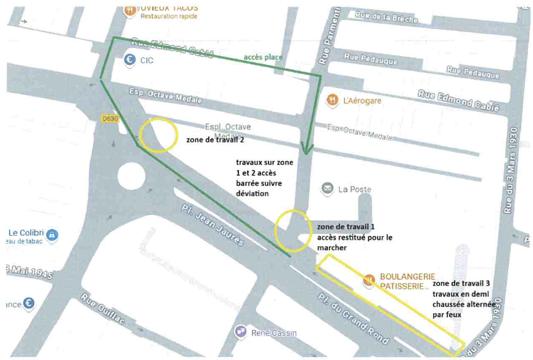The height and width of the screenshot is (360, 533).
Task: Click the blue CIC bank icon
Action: coord(130,60)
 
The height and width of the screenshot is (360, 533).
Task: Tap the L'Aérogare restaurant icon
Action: coord(332,100)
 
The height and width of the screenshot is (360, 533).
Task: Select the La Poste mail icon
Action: coord(327,188)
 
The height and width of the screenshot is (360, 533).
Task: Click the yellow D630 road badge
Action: coord(110,119)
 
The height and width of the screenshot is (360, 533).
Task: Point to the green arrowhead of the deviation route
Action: coord(307,149)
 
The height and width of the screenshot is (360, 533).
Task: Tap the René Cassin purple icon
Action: coord(241,332)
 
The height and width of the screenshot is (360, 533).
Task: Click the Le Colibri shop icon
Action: coord(52,235)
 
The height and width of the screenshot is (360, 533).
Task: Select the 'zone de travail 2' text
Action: coord(215,140)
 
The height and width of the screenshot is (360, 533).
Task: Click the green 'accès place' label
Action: coord(263,57)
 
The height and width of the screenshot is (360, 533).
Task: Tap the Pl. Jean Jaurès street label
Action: coord(212,225)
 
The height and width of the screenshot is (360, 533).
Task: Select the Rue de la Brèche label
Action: coord(386,17)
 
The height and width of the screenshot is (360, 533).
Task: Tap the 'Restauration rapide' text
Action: coord(169,16)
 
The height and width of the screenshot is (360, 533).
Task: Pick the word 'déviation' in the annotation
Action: coord(252,193)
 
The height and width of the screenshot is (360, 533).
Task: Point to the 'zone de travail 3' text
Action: coord(461,283)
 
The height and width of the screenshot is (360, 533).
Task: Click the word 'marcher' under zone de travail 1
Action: coord(332,247)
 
